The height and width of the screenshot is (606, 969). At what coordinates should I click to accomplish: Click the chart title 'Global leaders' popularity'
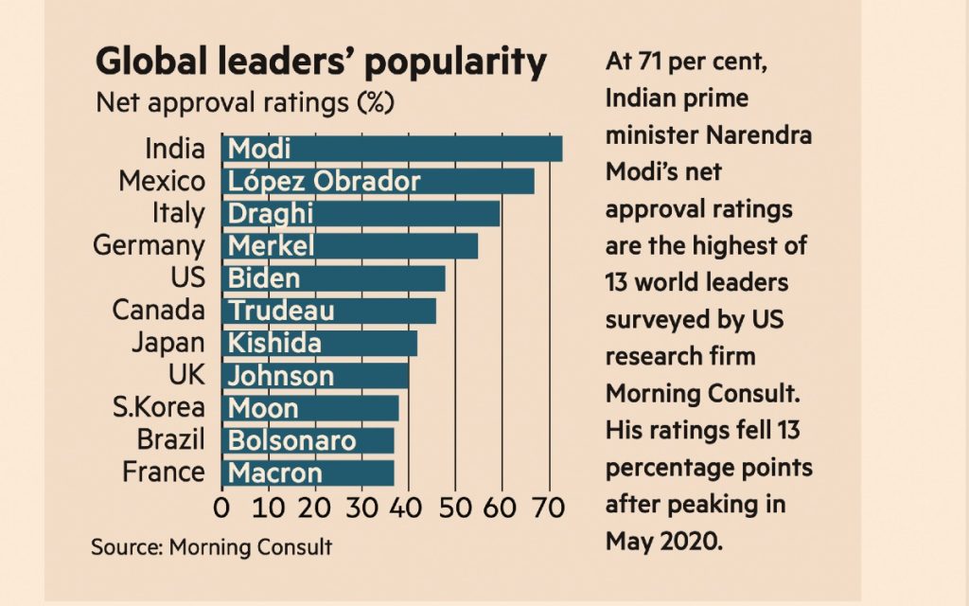[x=322, y=62]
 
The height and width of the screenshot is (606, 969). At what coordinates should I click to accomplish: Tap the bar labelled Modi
[x=392, y=149]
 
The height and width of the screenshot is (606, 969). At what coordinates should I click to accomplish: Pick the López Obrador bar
[x=378, y=181]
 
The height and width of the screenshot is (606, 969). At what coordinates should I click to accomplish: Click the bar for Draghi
[x=361, y=213]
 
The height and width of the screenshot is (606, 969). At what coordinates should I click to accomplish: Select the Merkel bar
[x=349, y=246]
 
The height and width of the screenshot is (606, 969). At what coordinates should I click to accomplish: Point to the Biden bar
[x=333, y=278]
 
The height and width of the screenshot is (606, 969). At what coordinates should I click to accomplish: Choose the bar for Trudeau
[x=328, y=311]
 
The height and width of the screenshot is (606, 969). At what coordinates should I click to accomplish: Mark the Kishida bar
[x=319, y=343]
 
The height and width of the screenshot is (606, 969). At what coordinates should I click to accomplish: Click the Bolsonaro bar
[x=308, y=440]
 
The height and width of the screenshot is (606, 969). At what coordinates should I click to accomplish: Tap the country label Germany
[x=149, y=246]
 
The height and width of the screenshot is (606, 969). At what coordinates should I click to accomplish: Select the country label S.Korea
[x=159, y=408]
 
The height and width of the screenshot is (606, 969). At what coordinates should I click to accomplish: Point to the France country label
[x=163, y=472]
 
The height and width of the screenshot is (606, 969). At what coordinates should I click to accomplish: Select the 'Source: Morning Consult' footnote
[x=211, y=547]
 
